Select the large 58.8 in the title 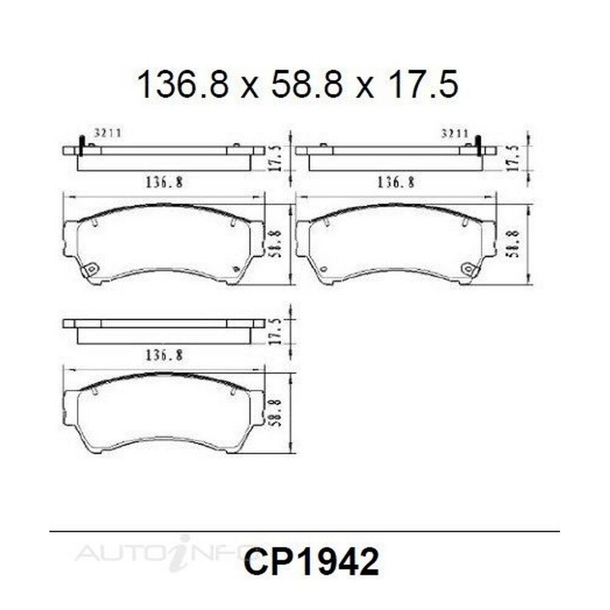[307, 84]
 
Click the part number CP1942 [311, 561]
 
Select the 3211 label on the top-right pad [454, 134]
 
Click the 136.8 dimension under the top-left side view [164, 182]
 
